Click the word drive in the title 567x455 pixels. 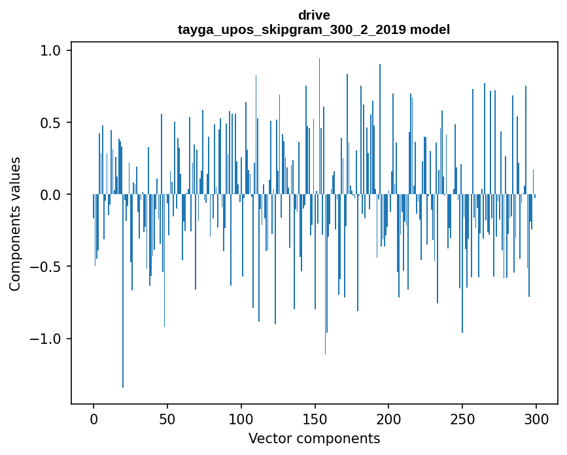(314, 15)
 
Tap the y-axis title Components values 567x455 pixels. (15, 224)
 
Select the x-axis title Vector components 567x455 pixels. (314, 438)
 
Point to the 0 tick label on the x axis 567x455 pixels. (94, 418)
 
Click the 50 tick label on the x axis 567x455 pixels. (167, 418)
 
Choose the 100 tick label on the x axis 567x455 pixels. (241, 418)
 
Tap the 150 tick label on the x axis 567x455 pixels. (315, 418)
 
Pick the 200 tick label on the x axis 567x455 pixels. (389, 418)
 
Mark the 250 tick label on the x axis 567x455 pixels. (462, 418)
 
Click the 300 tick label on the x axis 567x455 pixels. (536, 418)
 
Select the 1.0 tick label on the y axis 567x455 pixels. (52, 51)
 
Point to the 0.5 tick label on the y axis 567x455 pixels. (52, 123)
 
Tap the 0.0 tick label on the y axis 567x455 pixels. (52, 195)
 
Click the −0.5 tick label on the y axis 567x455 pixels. (47, 267)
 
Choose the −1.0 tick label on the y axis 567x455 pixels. (47, 339)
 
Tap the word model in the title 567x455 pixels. (430, 29)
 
